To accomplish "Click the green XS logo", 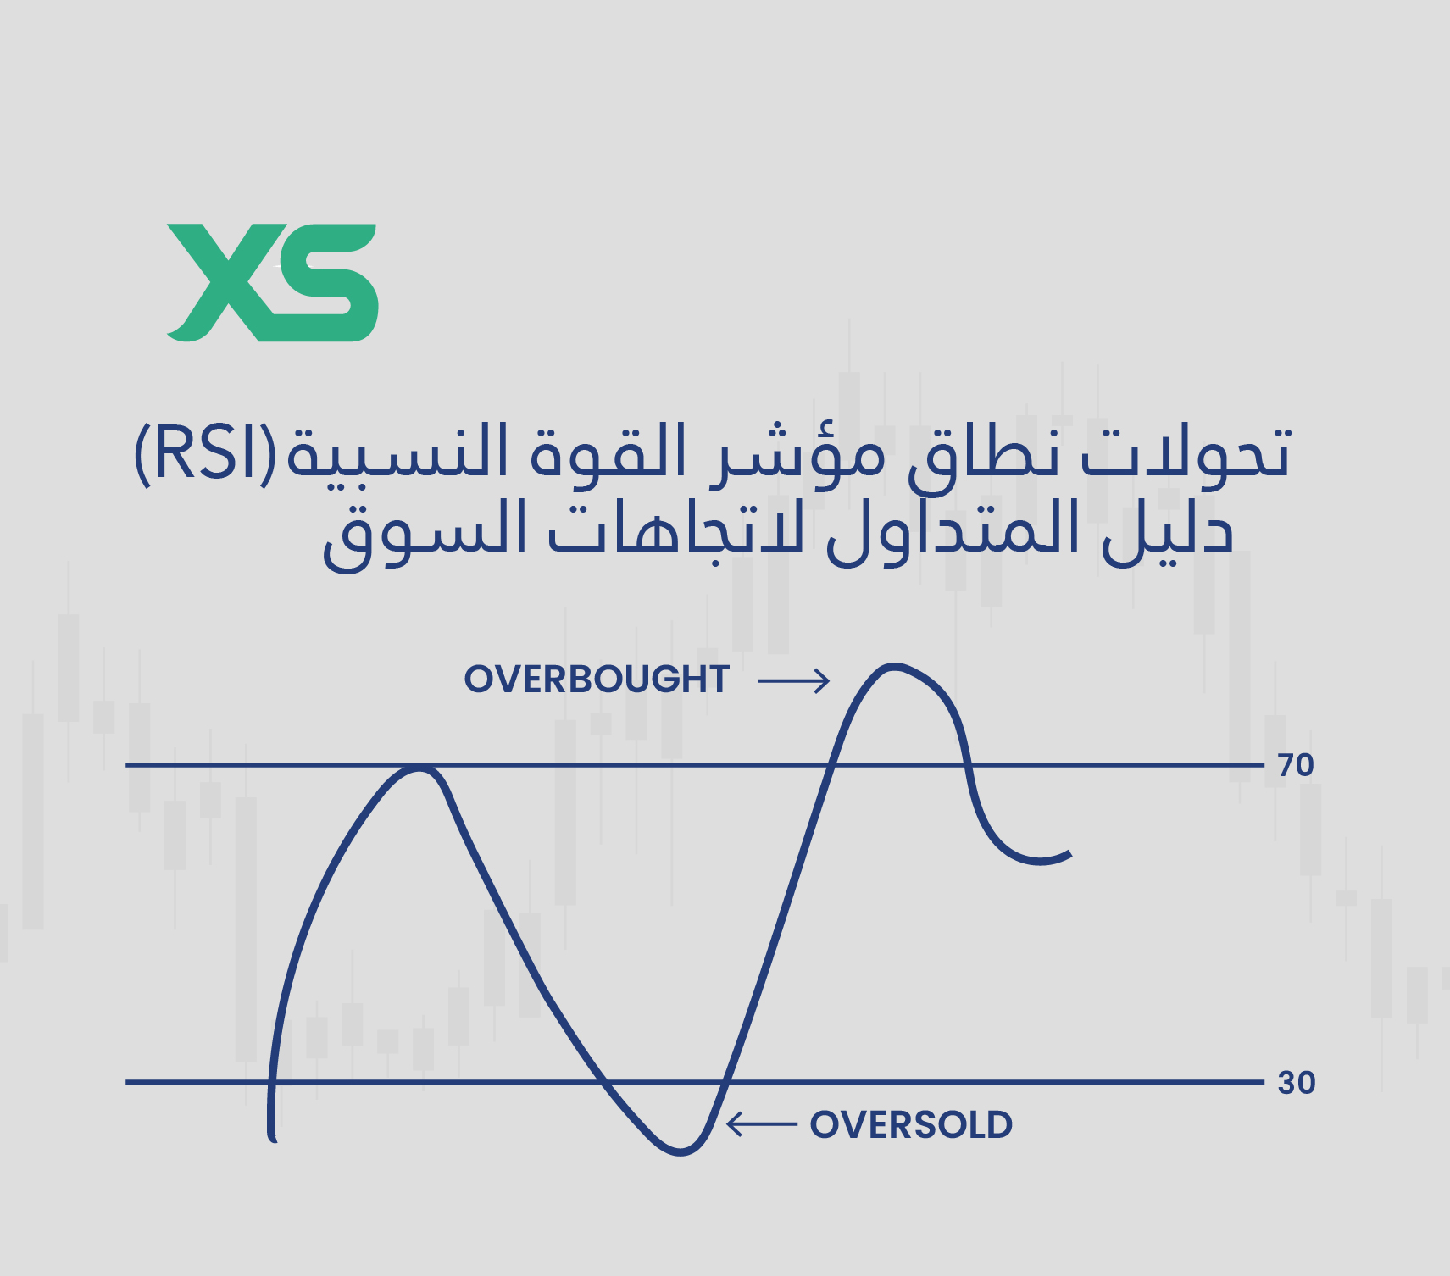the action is coord(272,283).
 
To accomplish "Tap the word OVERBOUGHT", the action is coord(597,680).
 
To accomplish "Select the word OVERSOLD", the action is coord(911,1125).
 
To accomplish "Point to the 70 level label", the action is coord(1296,765).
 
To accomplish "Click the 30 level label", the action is coord(1296,1083).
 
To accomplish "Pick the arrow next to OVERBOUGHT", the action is coord(794,680).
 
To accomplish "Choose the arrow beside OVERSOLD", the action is coord(762,1124).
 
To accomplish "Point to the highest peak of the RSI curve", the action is coord(893,667).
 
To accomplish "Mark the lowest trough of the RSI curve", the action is coord(680,1151).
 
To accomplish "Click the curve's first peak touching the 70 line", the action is coord(418,768).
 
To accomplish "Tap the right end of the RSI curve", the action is coord(1069,855).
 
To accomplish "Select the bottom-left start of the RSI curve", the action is coord(273,1138).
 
